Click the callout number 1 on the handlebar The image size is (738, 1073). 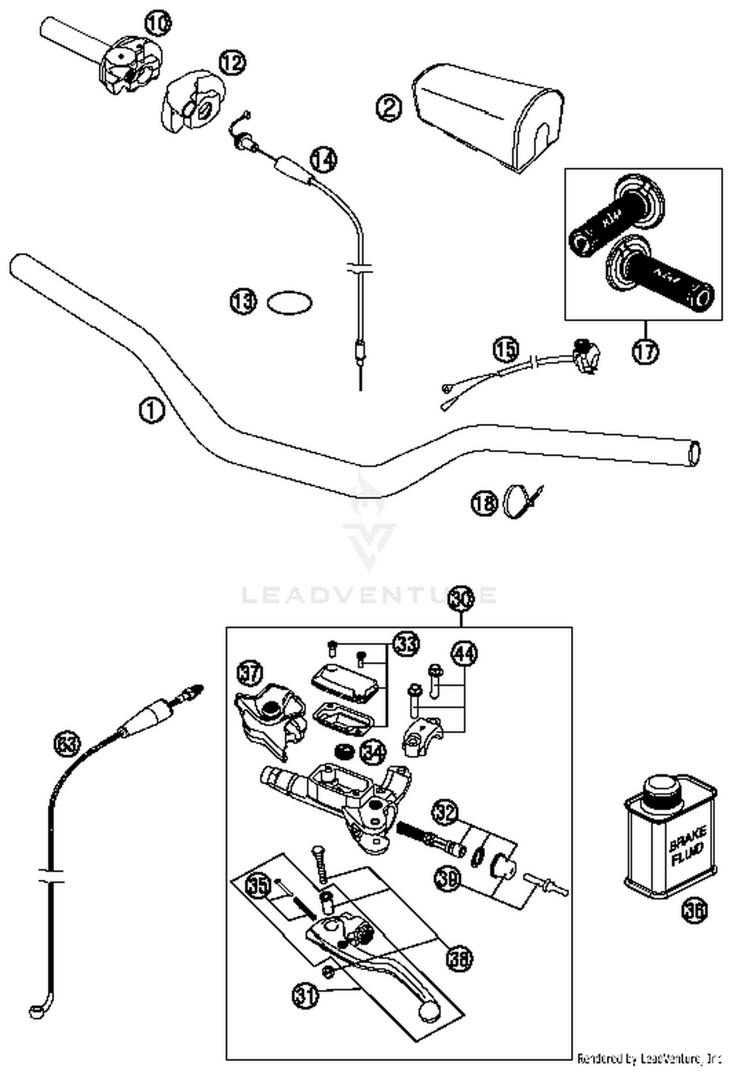(x=152, y=411)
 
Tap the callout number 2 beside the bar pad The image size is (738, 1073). (x=389, y=108)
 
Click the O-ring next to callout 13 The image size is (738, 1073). (x=289, y=302)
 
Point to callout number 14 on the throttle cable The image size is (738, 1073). (x=324, y=160)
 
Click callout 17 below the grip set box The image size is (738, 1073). (x=645, y=351)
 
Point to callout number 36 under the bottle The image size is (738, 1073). (x=694, y=910)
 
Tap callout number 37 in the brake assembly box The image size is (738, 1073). (x=251, y=673)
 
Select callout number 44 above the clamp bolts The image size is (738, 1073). (x=464, y=654)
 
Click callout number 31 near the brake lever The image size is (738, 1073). (x=306, y=995)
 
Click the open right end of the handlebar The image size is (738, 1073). (x=695, y=452)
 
